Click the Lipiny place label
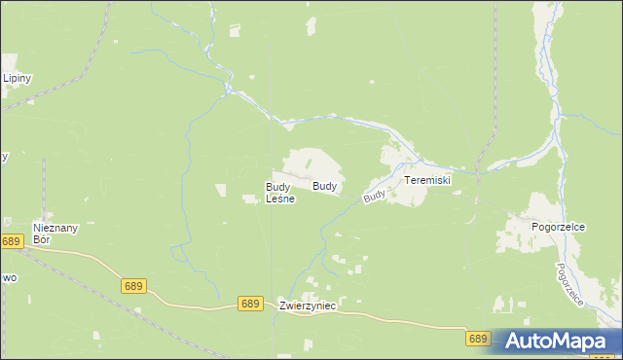18,78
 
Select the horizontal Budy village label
326,185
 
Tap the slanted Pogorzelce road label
569,284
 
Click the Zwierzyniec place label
307,306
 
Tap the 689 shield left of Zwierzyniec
250,304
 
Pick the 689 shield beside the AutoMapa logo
477,339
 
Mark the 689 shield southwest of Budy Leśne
134,286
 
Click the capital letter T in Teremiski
408,181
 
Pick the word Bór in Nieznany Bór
41,238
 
